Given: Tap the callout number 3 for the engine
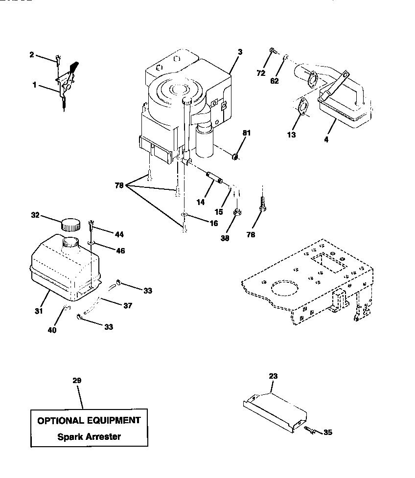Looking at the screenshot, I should pyautogui.click(x=240, y=51).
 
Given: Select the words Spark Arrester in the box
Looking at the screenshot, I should pyautogui.click(x=89, y=436).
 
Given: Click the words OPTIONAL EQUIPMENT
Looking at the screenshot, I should pyautogui.click(x=89, y=420).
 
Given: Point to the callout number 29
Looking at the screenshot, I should pyautogui.click(x=76, y=381).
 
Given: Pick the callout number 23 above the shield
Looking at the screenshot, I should pyautogui.click(x=273, y=376).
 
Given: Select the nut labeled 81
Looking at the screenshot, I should pyautogui.click(x=235, y=157).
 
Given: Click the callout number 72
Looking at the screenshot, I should pyautogui.click(x=261, y=73).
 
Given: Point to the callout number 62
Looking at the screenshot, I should pyautogui.click(x=275, y=81).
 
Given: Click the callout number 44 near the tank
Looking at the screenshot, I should pyautogui.click(x=119, y=235).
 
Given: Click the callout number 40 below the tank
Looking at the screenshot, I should pyautogui.click(x=52, y=330).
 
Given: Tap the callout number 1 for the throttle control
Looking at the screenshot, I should pyautogui.click(x=35, y=85).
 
